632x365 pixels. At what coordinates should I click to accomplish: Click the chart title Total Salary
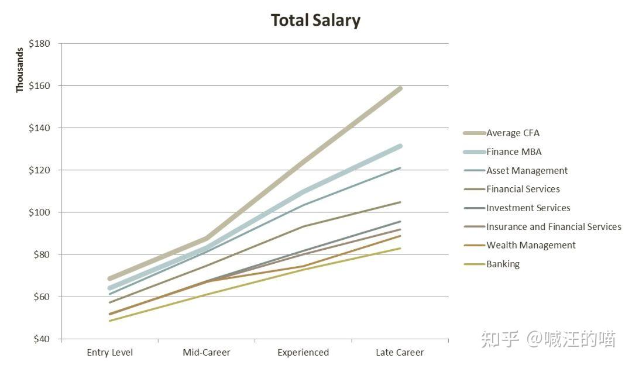[x=315, y=20]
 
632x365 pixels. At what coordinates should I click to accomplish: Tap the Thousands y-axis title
[x=19, y=70]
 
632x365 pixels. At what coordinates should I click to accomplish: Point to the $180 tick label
[x=40, y=43]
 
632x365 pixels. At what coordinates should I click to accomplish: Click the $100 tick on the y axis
[x=40, y=212]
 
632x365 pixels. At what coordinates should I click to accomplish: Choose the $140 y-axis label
[x=40, y=128]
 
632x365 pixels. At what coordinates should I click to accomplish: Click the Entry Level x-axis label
[x=109, y=353]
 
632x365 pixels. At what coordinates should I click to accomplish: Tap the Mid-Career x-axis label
[x=207, y=353]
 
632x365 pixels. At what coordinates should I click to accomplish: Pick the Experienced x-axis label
[x=303, y=353]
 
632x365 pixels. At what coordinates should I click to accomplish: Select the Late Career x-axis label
[x=400, y=353]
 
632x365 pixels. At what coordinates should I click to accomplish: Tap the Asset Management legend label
[x=527, y=171]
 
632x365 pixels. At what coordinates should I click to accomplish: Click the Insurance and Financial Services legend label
[x=554, y=227]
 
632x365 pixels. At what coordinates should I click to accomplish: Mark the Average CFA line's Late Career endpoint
[x=400, y=89]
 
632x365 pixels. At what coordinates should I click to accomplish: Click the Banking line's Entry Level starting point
[x=109, y=321]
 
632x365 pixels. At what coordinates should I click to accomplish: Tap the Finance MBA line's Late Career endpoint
[x=400, y=146]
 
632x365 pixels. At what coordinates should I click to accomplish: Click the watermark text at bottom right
[x=548, y=339]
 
